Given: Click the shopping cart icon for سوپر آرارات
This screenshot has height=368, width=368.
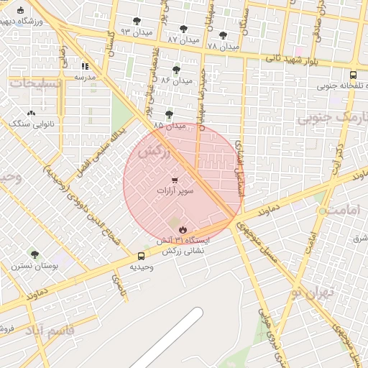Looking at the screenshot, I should tap(175, 180).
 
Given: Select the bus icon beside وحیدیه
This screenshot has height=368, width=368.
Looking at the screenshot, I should tap(140, 256).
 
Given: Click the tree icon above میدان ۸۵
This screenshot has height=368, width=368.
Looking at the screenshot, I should tap(169, 114).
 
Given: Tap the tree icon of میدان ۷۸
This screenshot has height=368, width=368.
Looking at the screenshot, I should tap(223, 34).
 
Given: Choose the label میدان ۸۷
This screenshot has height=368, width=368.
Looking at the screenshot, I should tap(183, 40).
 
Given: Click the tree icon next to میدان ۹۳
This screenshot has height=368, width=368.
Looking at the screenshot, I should tap(137, 21).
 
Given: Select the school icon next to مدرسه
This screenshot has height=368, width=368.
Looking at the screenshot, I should tap(85, 65).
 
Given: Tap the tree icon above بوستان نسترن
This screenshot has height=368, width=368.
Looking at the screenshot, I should tap(34, 254).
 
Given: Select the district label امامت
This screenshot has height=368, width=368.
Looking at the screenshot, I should tap(338, 211).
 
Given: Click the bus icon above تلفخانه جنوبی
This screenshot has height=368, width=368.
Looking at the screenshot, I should tap(352, 74).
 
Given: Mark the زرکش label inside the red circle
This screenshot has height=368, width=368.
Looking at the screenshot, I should tap(154, 152).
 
